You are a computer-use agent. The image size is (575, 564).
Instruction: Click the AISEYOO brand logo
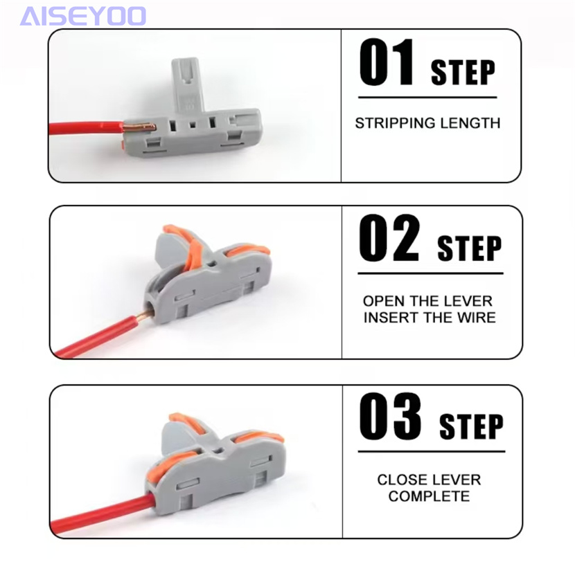83,16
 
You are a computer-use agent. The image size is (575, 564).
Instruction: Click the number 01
386,62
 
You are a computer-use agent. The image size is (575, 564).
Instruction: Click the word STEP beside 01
463,73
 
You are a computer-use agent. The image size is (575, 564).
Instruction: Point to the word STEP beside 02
470,248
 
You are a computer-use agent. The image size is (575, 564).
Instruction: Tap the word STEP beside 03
471,426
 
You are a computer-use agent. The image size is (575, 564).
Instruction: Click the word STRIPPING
396,123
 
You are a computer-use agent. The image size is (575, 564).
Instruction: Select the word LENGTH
470,123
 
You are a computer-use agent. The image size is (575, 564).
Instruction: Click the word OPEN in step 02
381,301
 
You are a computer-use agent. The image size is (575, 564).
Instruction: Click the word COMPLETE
429,496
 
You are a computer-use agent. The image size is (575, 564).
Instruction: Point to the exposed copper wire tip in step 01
139,127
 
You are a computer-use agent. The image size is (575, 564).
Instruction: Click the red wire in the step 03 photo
102,511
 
